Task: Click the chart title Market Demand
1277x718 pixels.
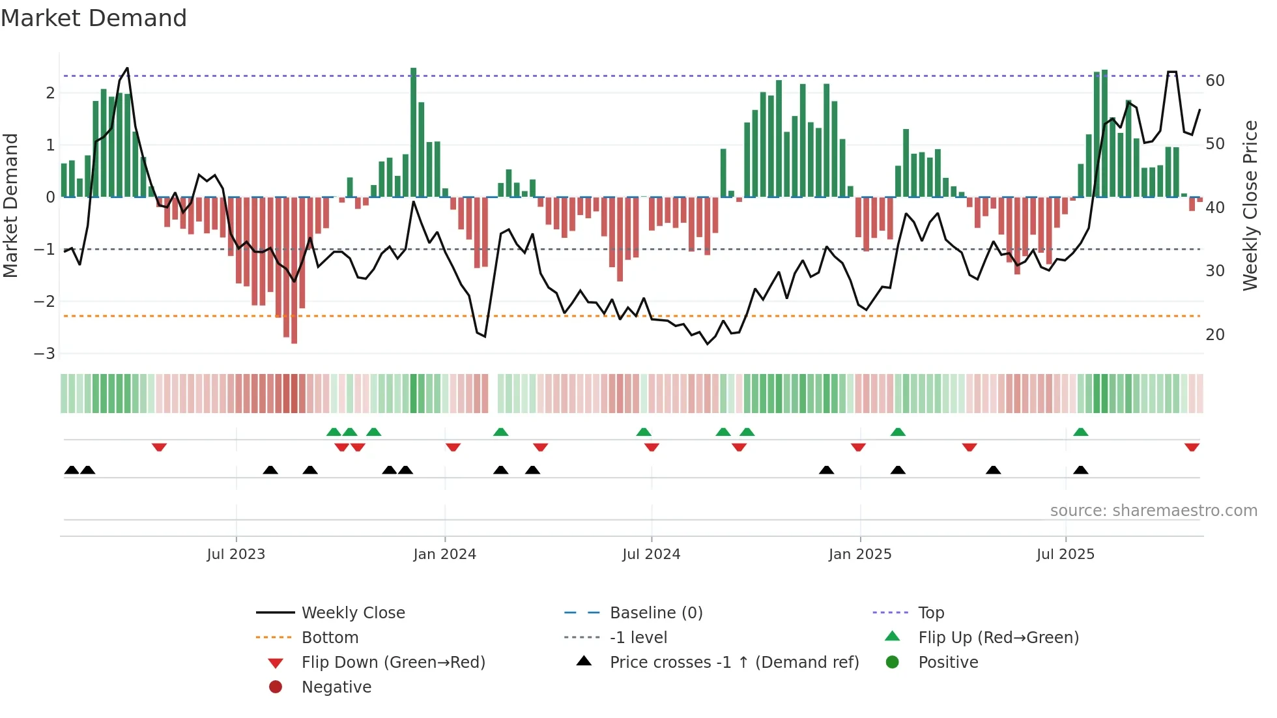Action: pyautogui.click(x=94, y=18)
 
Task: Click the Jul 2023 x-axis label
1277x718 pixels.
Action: pyautogui.click(x=236, y=554)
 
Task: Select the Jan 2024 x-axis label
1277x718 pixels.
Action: pyautogui.click(x=444, y=554)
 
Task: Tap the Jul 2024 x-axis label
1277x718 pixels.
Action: pyautogui.click(x=651, y=554)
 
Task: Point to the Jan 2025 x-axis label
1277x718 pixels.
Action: pyautogui.click(x=860, y=554)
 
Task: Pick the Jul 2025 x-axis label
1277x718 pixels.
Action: pyautogui.click(x=1065, y=554)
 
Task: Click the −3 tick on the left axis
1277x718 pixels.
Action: pyautogui.click(x=45, y=354)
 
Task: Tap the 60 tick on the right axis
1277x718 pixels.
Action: pyautogui.click(x=1215, y=81)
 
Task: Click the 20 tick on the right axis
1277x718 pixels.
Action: pyautogui.click(x=1215, y=335)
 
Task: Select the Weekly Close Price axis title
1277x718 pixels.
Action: pyautogui.click(x=1250, y=205)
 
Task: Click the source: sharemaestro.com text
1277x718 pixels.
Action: pyautogui.click(x=1153, y=511)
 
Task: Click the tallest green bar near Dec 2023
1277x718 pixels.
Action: pyautogui.click(x=413, y=130)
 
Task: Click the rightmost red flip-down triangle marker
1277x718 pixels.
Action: pyautogui.click(x=1192, y=447)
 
